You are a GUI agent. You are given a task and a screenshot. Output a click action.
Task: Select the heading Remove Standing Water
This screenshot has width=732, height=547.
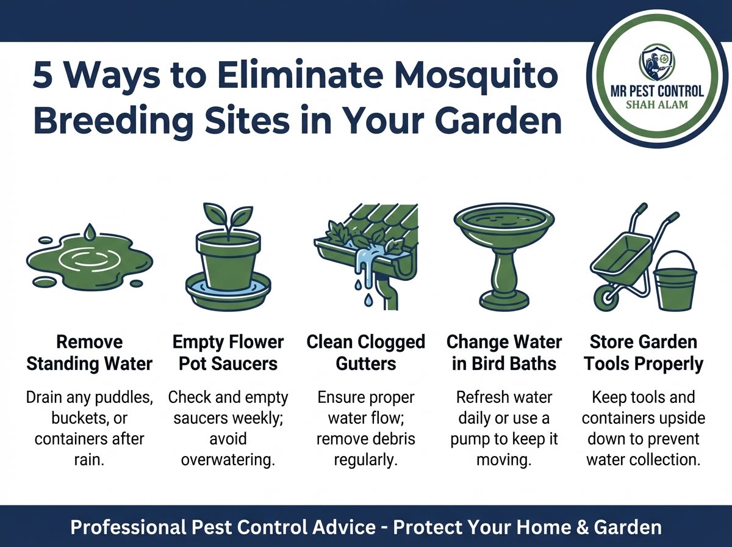[x=89, y=353]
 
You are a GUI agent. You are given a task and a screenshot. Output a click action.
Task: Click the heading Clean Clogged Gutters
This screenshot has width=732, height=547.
[x=366, y=353]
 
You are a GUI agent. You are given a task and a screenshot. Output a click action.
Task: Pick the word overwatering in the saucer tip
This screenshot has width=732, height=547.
[x=228, y=459]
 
